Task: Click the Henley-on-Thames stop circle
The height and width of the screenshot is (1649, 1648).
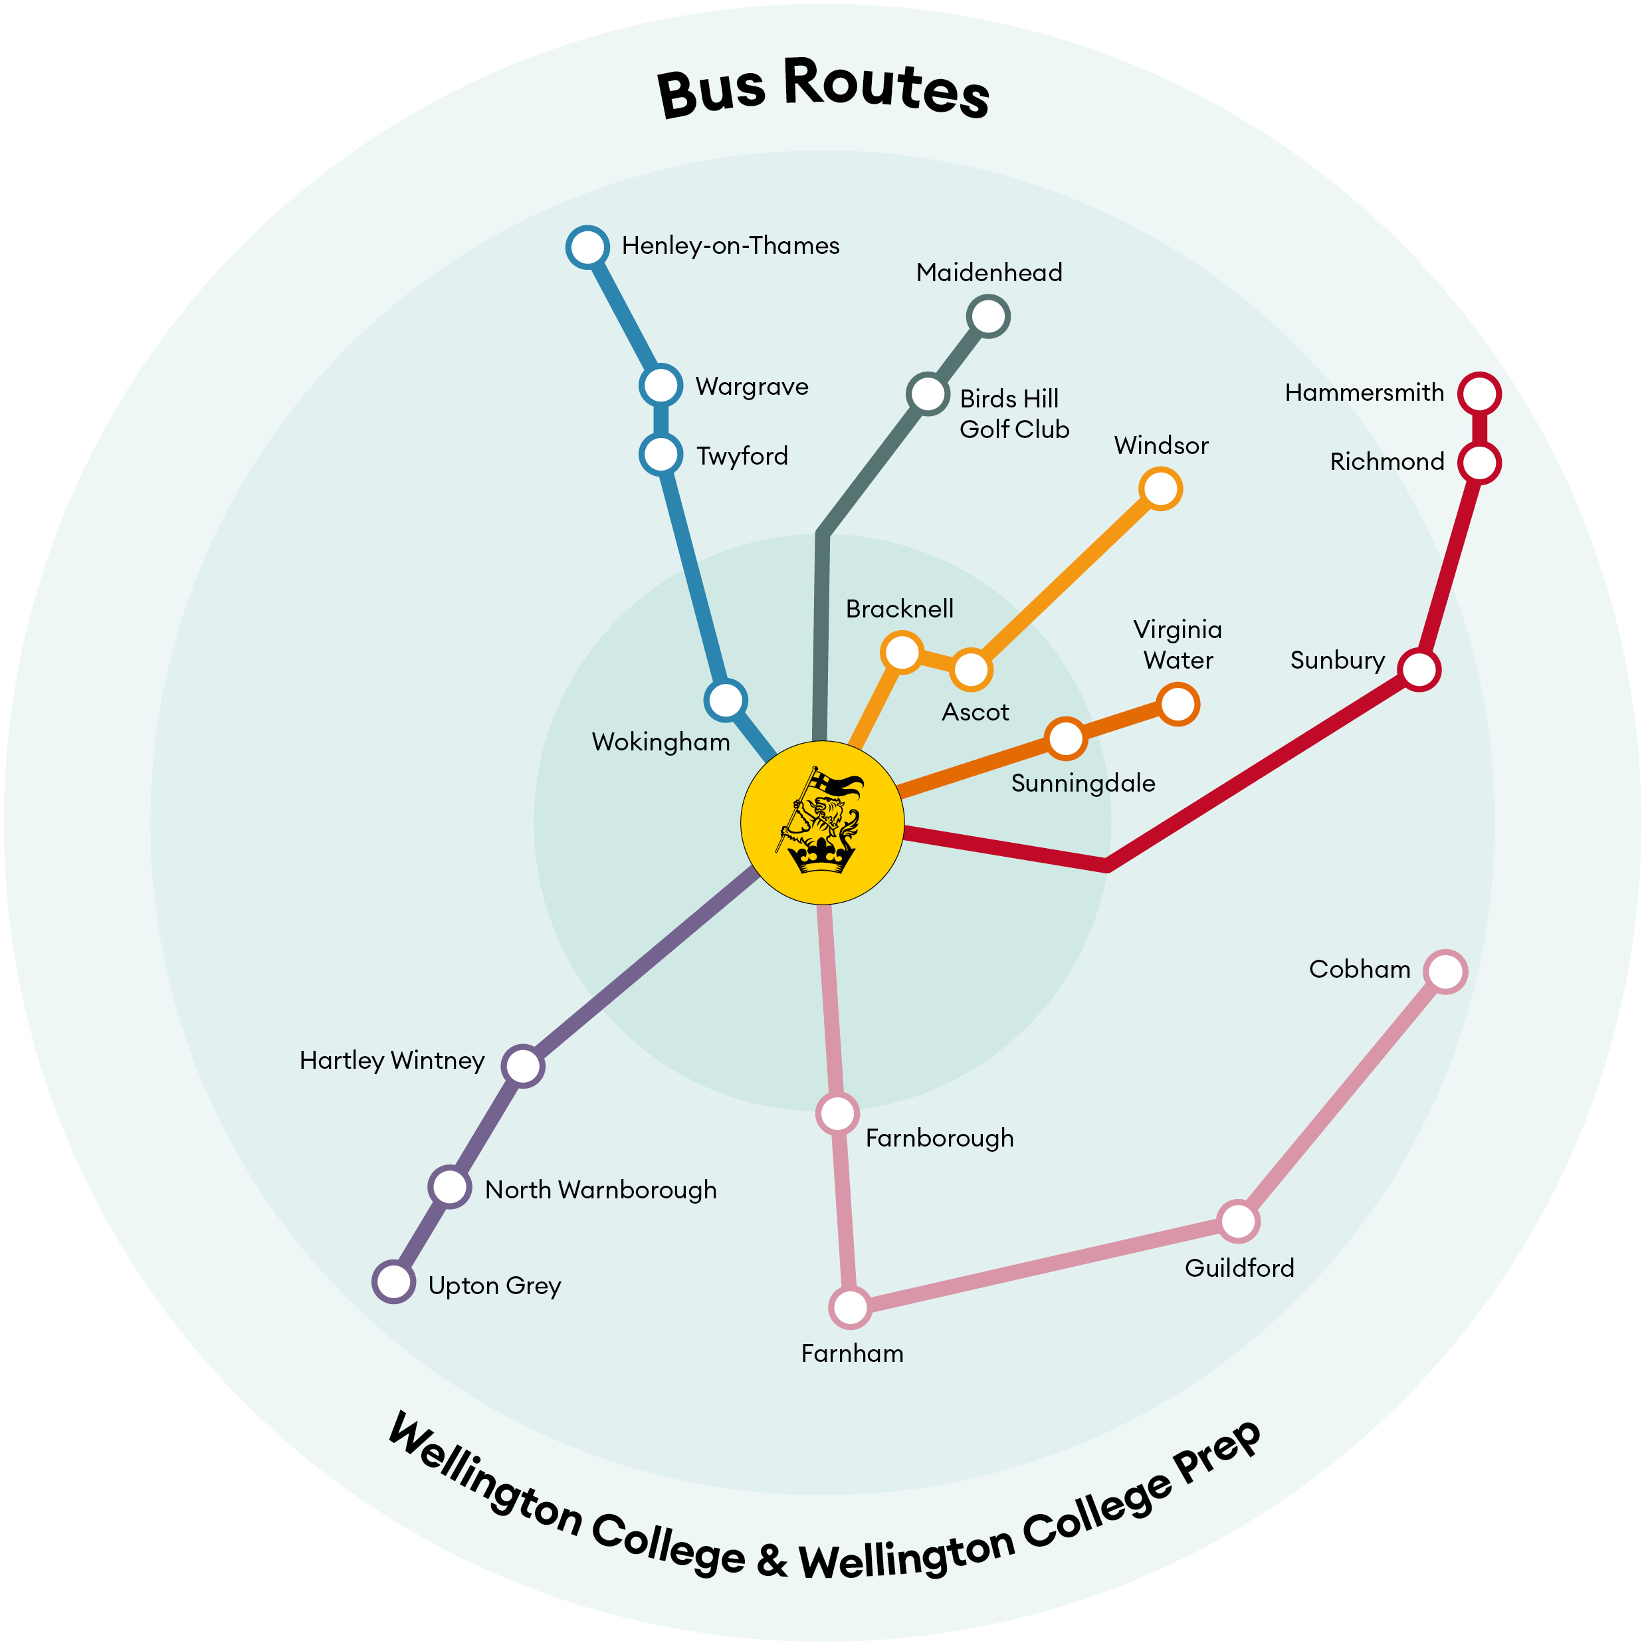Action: [x=587, y=247]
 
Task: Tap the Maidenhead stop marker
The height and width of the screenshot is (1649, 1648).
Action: [x=988, y=316]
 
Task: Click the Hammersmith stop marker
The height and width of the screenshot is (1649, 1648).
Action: [x=1479, y=393]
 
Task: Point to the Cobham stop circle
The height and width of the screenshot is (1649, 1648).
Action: [x=1445, y=971]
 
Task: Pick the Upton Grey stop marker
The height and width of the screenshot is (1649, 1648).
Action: [x=394, y=1281]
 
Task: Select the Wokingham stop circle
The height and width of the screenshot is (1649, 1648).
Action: [x=726, y=700]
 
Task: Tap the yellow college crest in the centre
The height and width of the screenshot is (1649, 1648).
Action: [x=822, y=822]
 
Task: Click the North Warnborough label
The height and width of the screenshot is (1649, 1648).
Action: [x=600, y=1190]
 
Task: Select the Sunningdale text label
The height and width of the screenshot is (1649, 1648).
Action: [x=1082, y=784]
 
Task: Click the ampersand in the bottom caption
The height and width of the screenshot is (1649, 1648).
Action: [x=772, y=1559]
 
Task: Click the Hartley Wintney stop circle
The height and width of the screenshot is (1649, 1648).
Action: [x=522, y=1065]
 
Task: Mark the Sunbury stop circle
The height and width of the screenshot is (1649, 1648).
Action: [x=1419, y=669]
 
